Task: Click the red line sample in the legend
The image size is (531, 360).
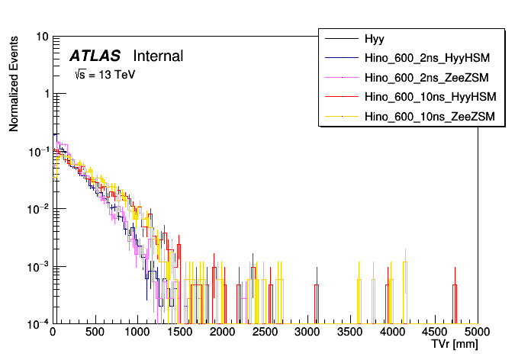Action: pos(342,97)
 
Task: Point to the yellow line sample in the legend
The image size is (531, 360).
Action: pos(342,117)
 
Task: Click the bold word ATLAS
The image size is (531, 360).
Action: pos(95,56)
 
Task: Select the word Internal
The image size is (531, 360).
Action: pos(158,56)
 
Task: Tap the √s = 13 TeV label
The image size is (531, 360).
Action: pos(105,75)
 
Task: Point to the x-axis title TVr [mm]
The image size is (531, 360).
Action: pos(455,345)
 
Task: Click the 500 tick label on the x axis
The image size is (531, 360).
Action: pos(95,332)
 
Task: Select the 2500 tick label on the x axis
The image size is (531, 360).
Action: pos(265,332)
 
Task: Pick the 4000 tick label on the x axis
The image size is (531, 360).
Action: pos(392,332)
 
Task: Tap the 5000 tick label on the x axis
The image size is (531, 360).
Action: pos(477,332)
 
